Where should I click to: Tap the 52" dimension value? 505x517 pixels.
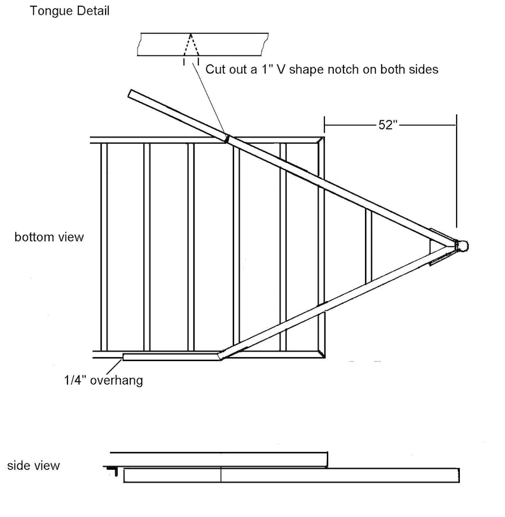[388, 125]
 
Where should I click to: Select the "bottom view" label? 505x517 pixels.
[49, 237]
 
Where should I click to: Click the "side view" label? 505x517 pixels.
[34, 465]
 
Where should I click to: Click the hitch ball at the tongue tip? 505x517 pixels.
[463, 245]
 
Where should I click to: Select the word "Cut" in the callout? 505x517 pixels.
[215, 69]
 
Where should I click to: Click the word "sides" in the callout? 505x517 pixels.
[422, 69]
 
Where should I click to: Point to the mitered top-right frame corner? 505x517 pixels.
[321, 140]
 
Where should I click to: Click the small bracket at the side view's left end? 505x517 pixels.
[113, 471]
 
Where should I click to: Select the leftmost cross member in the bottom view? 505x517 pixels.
[104, 246]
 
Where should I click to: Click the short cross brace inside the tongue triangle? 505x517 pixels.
[368, 246]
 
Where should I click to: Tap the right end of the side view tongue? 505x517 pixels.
[457, 475]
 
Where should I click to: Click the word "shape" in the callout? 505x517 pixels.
[303, 69]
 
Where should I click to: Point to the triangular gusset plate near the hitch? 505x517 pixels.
[439, 246]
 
